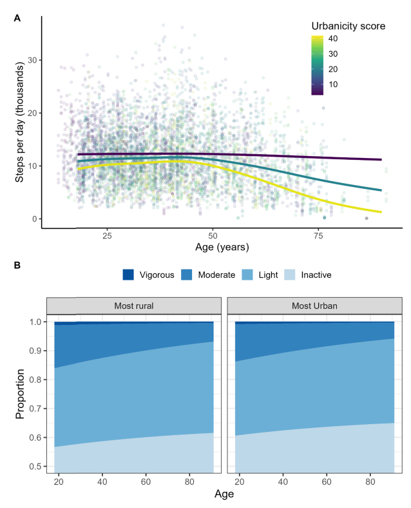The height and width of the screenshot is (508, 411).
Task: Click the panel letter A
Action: [17, 18]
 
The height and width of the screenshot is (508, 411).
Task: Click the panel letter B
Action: [17, 264]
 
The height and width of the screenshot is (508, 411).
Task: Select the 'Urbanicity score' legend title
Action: [348, 26]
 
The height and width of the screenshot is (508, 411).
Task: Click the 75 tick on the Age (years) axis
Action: [318, 236]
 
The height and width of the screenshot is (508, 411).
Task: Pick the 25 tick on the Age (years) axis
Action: [107, 236]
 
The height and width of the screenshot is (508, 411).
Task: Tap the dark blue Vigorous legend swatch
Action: [129, 275]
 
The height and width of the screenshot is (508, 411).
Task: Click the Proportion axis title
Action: [21, 394]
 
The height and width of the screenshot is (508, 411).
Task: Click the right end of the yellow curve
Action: [381, 212]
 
